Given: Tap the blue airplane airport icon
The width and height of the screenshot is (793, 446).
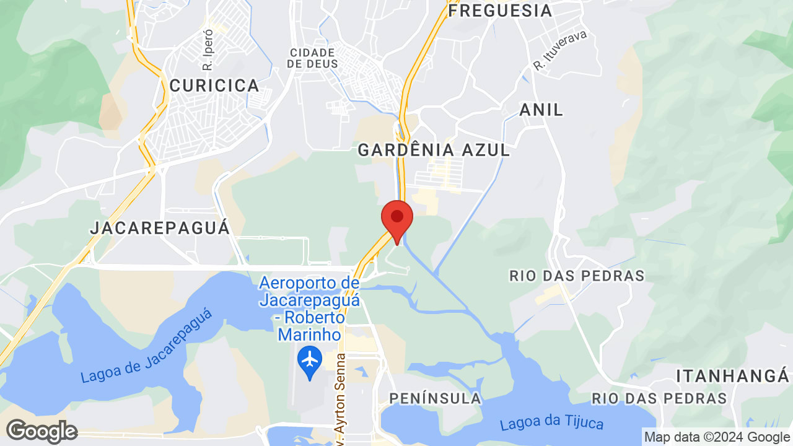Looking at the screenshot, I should pyautogui.click(x=310, y=360).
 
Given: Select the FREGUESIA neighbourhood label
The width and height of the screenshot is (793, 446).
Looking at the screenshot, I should pyautogui.click(x=500, y=11).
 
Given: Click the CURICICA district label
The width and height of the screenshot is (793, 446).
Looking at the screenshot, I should pyautogui.click(x=214, y=86).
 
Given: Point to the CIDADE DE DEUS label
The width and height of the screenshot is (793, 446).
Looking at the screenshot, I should pyautogui.click(x=312, y=58).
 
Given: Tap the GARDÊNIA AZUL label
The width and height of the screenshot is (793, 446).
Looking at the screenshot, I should pyautogui.click(x=434, y=150).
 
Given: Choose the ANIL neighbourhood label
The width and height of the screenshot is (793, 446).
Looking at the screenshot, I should pyautogui.click(x=541, y=110).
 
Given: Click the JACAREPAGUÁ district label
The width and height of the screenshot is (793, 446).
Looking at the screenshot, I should pyautogui.click(x=160, y=228).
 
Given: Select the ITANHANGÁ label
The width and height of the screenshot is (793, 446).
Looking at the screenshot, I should pyautogui.click(x=733, y=376).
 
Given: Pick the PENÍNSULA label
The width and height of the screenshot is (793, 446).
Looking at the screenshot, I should pyautogui.click(x=435, y=398).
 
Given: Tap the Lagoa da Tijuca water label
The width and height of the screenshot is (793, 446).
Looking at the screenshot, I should pyautogui.click(x=551, y=424).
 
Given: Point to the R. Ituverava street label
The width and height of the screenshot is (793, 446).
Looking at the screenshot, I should pyautogui.click(x=559, y=50).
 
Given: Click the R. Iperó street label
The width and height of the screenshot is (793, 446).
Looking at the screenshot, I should pyautogui.click(x=208, y=50).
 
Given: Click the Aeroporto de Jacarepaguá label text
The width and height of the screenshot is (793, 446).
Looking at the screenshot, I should pyautogui.click(x=309, y=308).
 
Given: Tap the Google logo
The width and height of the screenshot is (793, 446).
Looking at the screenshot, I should pyautogui.click(x=42, y=431).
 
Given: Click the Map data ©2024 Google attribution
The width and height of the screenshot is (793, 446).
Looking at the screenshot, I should pyautogui.click(x=717, y=437).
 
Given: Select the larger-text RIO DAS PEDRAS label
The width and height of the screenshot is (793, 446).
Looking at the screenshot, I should pyautogui.click(x=577, y=276).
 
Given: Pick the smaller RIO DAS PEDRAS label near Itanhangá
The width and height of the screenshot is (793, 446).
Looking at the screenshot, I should pyautogui.click(x=659, y=398).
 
